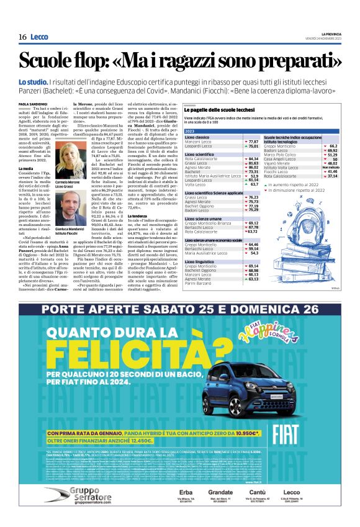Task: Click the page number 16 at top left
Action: click(22, 37)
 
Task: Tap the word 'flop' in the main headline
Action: click(95, 61)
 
